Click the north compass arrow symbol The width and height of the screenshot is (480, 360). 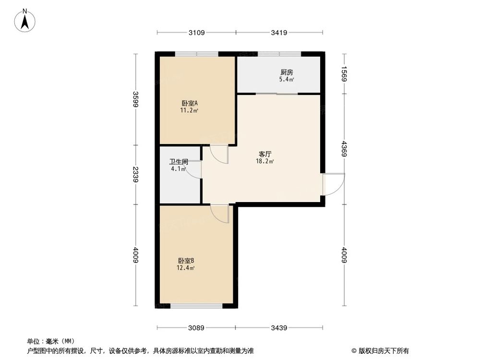point(24,20)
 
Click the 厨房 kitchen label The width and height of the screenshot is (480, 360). point(287,72)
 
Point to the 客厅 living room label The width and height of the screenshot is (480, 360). point(265,155)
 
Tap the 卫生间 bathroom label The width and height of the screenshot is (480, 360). point(178,162)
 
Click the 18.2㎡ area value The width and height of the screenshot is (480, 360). point(265,162)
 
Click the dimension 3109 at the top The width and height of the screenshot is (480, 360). point(197,33)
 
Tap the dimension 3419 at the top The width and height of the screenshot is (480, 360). point(279,33)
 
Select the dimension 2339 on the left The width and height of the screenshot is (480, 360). point(136,174)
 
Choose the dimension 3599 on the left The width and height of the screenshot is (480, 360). point(136,99)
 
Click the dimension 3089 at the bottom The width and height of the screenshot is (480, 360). point(196,328)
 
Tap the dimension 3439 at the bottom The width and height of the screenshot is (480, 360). point(279,328)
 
